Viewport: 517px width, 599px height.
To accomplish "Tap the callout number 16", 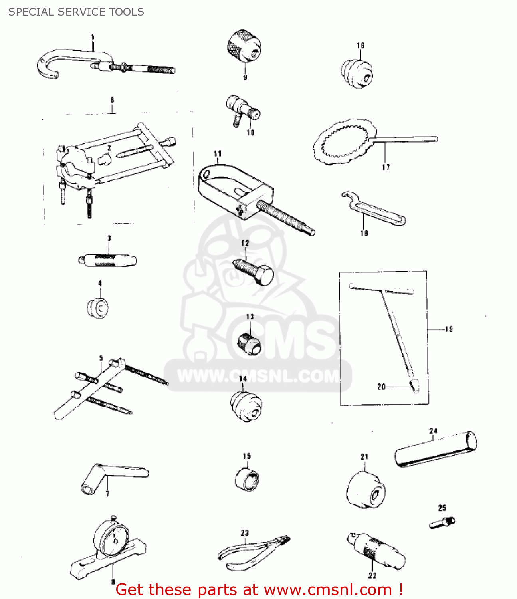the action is click(x=361, y=46).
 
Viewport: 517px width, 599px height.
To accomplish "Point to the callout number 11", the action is click(x=218, y=153).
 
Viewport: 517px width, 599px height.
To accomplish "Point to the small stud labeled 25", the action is click(x=442, y=522).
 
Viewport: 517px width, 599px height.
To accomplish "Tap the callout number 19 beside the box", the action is click(x=449, y=329).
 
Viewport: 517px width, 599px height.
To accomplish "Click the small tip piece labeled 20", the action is click(x=414, y=385).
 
